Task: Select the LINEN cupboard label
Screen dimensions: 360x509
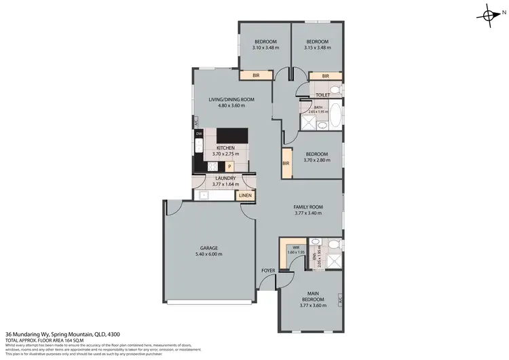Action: [245, 196]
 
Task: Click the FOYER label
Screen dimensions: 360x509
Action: [268, 270]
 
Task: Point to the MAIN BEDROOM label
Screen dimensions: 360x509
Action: [313, 296]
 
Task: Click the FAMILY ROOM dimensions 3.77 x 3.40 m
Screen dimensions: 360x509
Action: [307, 213]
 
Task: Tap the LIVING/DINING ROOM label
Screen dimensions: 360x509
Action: [231, 100]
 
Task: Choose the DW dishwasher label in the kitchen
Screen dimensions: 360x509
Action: [199, 134]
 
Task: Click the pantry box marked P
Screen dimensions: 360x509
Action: [229, 166]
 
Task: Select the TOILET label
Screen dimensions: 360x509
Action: [322, 96]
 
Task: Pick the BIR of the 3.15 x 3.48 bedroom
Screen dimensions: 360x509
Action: [326, 76]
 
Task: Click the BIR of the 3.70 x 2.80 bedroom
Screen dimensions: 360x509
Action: [286, 164]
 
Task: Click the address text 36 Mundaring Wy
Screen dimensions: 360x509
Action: [31, 334]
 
